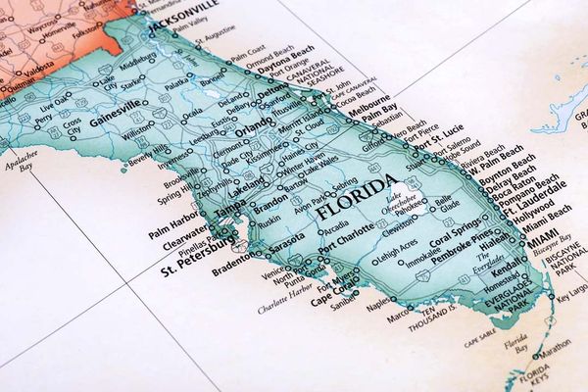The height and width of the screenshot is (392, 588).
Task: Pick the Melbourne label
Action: click(371, 100)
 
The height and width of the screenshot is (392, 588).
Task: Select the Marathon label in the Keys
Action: click(554, 344)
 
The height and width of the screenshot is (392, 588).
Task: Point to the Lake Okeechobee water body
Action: click(412, 201)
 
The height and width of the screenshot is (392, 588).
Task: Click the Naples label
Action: click(377, 306)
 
